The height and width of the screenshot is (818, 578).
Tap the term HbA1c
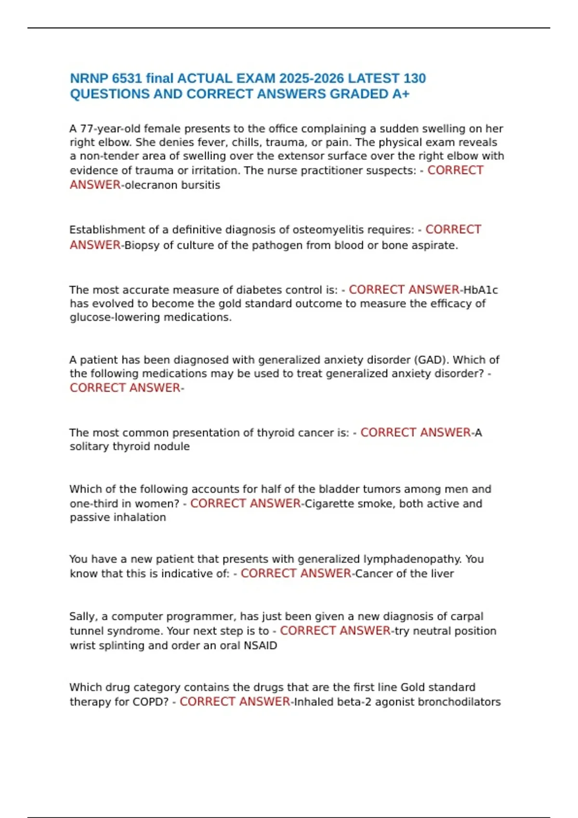pyautogui.click(x=481, y=290)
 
